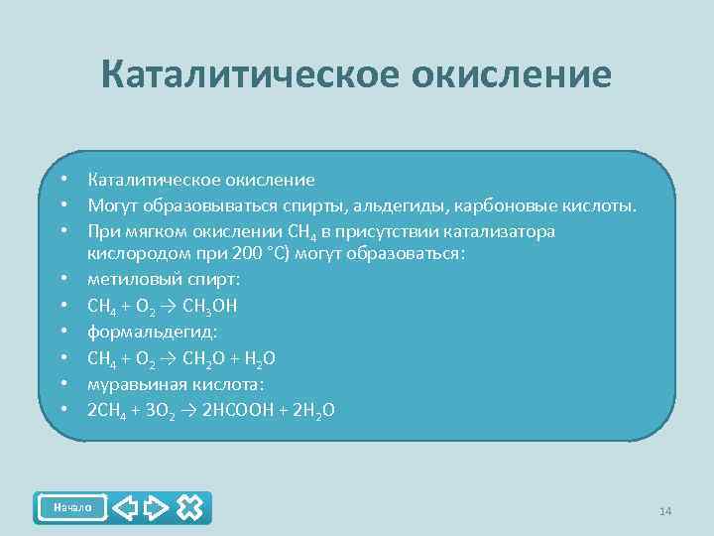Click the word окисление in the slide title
click(517, 75)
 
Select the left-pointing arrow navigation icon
click(124, 508)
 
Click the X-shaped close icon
click(189, 508)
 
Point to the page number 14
click(664, 511)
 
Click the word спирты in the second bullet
click(324, 205)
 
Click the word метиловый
click(125, 279)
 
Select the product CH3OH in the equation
click(210, 305)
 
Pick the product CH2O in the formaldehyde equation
click(205, 356)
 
